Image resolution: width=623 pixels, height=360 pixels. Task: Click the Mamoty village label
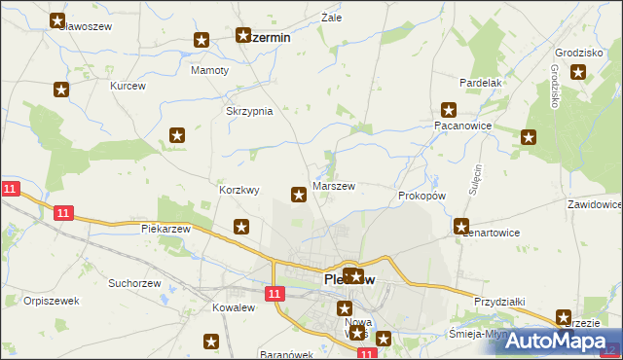tap(209, 71)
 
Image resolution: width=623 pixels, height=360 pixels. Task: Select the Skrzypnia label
tap(249, 111)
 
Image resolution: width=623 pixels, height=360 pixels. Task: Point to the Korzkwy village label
tap(239, 191)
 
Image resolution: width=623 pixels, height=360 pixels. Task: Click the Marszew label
tap(333, 186)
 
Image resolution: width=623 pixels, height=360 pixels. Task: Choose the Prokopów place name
tap(421, 196)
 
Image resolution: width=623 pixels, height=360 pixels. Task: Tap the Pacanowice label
tap(461, 126)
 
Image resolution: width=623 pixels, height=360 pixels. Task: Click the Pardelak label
tap(481, 83)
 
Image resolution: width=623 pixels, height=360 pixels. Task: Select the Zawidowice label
tap(594, 205)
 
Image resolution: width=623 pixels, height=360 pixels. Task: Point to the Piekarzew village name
tap(165, 229)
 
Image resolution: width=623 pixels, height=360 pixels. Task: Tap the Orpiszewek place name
tap(52, 301)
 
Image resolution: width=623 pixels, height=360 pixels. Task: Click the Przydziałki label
tap(499, 303)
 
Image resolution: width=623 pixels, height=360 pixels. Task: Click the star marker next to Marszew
tap(299, 196)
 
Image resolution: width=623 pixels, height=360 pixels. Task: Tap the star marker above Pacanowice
tap(449, 110)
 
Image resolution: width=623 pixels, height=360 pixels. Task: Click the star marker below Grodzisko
tap(579, 71)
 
